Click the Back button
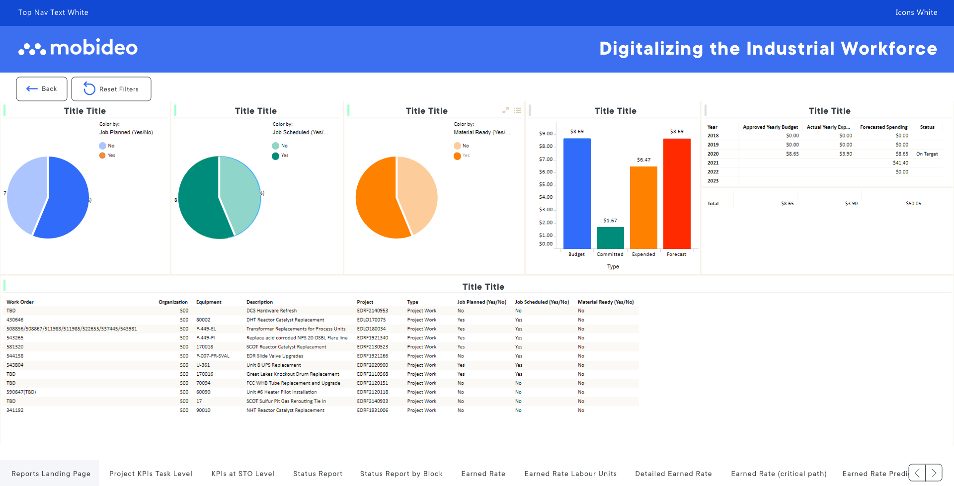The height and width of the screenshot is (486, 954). [42, 89]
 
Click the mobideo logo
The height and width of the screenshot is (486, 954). [79, 48]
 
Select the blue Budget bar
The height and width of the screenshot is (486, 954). [577, 194]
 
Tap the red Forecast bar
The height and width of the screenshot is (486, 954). [677, 194]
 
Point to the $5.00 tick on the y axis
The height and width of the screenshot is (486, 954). [546, 184]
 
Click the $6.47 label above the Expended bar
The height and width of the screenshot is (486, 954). [643, 160]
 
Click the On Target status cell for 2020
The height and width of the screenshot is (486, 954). [927, 154]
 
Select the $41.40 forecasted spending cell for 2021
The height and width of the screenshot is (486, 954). [900, 163]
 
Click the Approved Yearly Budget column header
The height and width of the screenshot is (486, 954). [770, 127]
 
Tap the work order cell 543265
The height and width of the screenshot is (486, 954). [15, 338]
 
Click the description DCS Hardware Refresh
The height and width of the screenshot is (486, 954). [271, 311]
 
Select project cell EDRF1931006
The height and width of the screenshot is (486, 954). [372, 410]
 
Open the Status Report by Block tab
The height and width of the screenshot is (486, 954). [401, 474]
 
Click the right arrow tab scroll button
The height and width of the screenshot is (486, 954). [934, 473]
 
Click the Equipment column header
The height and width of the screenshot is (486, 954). [209, 302]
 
